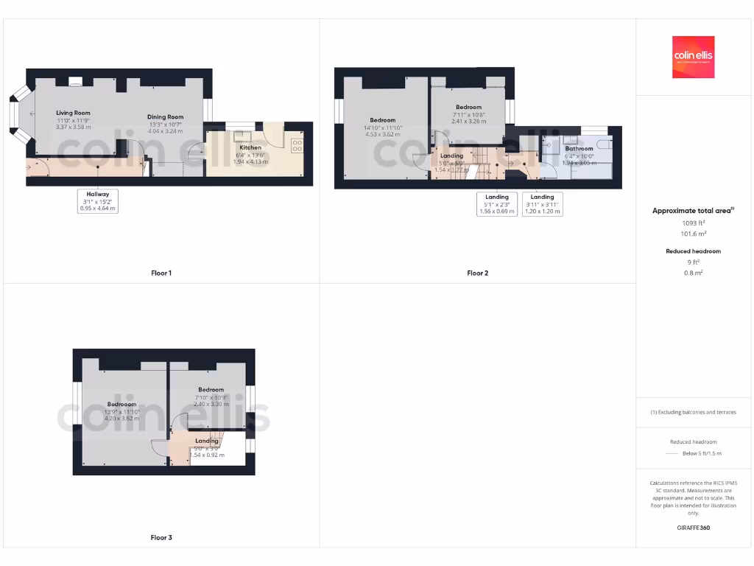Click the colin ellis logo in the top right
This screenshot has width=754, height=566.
pos(694,57)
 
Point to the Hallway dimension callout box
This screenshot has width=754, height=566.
pos(97,201)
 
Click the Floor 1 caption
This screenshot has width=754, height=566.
pos(161,273)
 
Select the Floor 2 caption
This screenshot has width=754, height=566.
pos(477,273)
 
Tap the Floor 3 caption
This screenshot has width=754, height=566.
pos(161,538)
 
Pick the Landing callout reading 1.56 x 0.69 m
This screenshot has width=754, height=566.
pos(497,204)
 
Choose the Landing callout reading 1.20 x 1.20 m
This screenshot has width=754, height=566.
pos(542,204)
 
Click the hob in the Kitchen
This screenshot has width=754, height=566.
pos(298,145)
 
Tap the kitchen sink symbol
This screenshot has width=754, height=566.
pos(241,136)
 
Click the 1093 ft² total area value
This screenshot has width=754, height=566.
pos(694,223)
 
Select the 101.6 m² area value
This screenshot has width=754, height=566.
pos(694,234)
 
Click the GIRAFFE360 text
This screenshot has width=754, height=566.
pos(694,528)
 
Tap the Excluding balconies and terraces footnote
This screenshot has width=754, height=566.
pos(694,412)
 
